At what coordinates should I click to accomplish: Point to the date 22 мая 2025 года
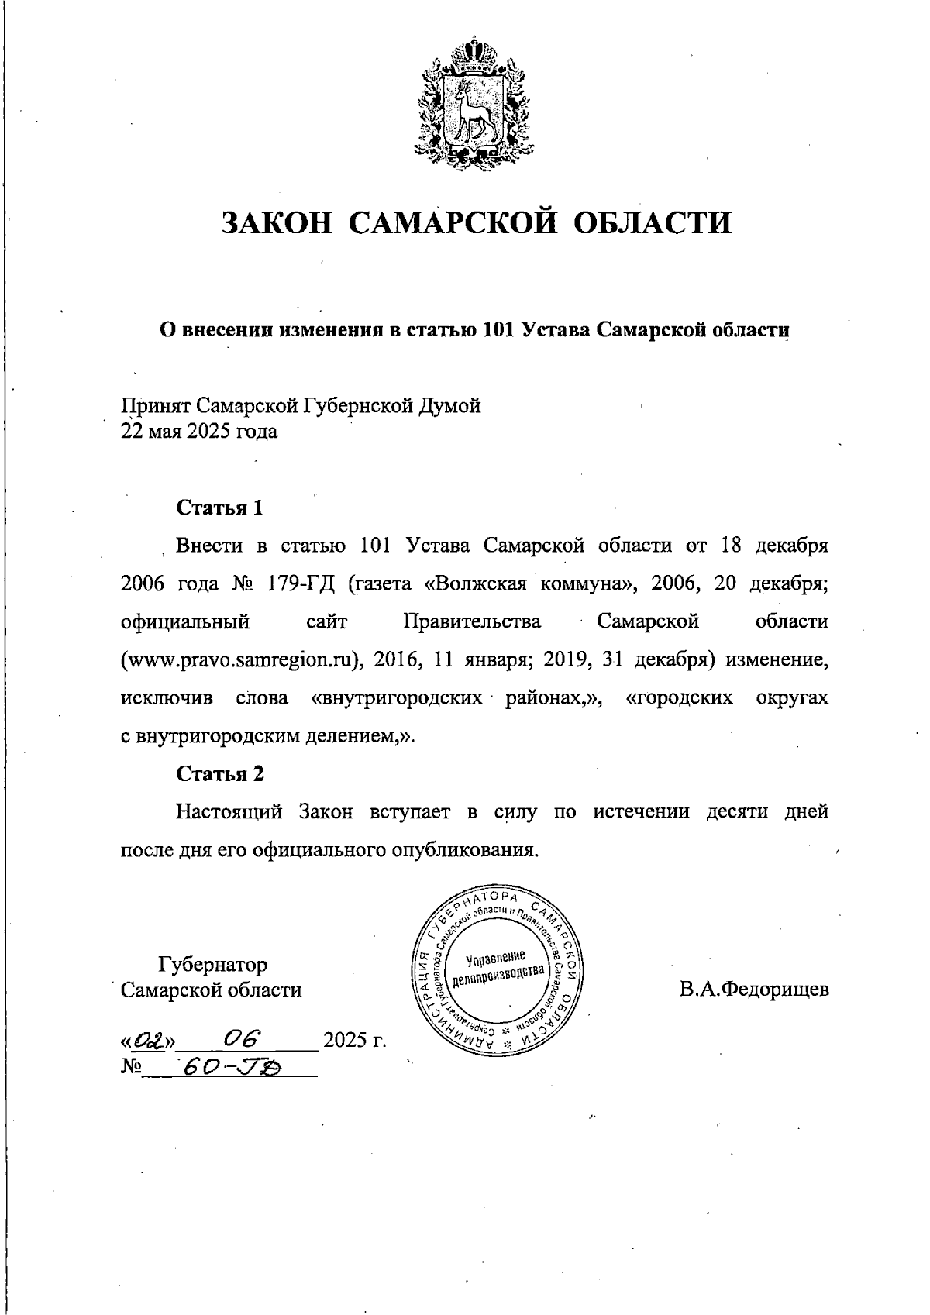point(199,432)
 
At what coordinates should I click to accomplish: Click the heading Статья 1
point(220,508)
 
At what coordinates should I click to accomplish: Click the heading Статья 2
point(220,774)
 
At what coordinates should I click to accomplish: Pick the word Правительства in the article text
point(472,622)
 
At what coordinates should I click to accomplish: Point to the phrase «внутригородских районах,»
point(456,698)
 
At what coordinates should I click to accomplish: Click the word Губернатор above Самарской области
point(212,965)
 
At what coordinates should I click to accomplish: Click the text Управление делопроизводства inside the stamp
point(499,966)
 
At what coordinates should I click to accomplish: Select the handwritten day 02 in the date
point(147,1039)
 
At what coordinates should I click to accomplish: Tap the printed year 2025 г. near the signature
point(354,1040)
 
